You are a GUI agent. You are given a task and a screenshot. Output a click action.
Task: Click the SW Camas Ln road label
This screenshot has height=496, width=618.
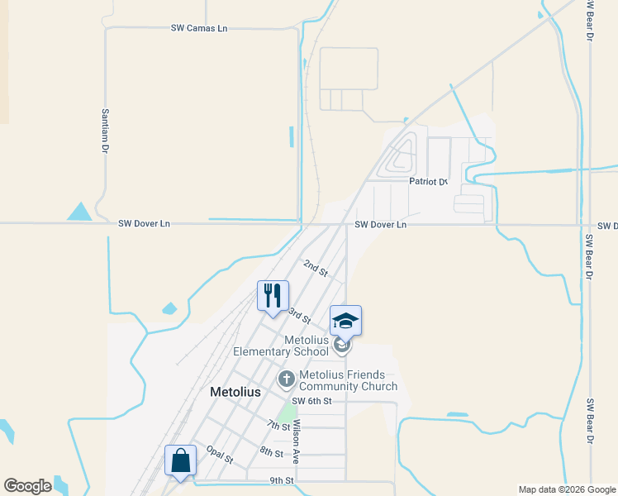coord(198,28)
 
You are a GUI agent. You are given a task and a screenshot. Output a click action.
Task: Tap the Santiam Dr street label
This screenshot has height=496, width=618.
coord(105,131)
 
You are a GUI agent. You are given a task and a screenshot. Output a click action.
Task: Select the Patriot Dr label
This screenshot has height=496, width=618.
coord(428,181)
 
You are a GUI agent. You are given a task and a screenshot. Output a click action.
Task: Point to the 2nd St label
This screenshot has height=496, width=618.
coord(316,268)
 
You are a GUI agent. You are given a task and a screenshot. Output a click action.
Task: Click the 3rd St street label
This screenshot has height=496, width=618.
coord(299,315)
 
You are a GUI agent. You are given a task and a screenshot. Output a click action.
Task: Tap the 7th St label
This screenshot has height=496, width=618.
coord(278,426)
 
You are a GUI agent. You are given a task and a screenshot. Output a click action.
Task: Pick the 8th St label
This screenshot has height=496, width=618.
coord(271,451)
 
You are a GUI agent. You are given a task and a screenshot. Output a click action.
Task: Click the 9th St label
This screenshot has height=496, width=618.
coord(282,480)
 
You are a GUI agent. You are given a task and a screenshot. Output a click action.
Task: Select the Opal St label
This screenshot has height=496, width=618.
coord(220,454)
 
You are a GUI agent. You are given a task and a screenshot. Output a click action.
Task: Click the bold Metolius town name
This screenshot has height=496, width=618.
coord(235,392)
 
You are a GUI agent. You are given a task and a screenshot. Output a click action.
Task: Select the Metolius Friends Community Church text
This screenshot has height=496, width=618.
coord(348,380)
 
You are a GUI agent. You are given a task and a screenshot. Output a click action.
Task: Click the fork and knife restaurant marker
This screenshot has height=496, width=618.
coord(273,296)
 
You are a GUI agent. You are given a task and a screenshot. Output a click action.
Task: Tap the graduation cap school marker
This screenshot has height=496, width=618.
coord(346,321)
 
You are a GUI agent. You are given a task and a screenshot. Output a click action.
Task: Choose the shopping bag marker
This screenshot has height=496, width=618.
coord(180,461)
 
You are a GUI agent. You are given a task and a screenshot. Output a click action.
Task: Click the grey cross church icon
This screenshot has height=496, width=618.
coord(286,380)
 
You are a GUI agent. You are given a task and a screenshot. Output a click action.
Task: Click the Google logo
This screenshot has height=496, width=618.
coord(27,486)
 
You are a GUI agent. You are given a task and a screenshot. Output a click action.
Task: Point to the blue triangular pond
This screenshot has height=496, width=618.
coord(79,212)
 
